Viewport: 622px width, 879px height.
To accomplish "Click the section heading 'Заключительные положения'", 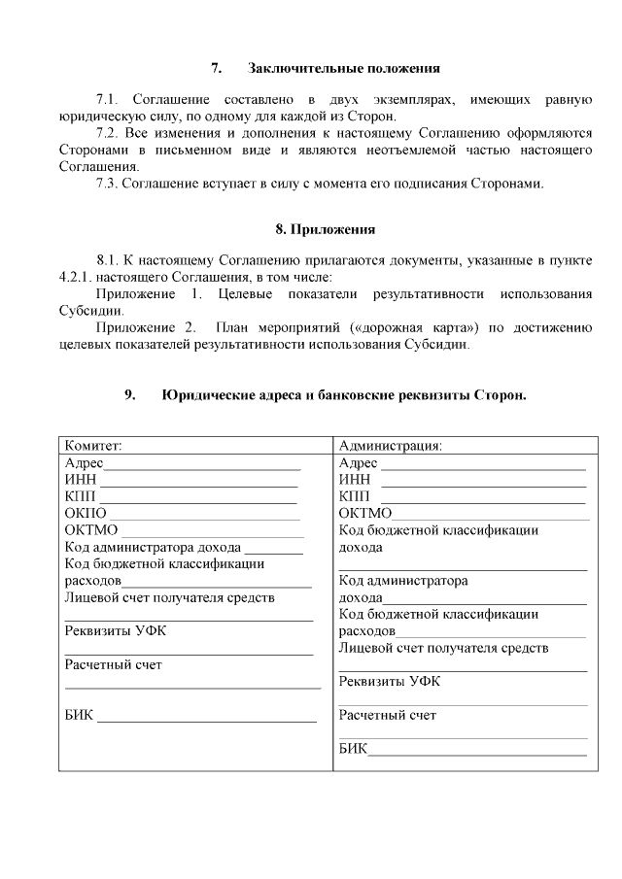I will coord(344,69).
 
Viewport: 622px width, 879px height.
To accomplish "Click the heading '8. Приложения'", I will coord(325,229).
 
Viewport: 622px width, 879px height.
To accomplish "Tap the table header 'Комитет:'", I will coord(93,446).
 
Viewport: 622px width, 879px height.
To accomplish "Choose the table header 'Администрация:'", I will coord(391,446).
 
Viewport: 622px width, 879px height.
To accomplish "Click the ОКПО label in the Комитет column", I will coord(85,513).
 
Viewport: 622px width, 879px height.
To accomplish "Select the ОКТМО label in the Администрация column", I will coord(365,513).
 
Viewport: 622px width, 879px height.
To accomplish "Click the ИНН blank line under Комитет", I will coord(199,483).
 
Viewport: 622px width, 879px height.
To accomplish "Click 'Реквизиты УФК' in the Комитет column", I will coord(115,630).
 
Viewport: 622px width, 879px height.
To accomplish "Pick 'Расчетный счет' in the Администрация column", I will coord(387,716).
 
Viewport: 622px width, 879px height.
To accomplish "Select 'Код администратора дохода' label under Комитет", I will coord(153,547).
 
